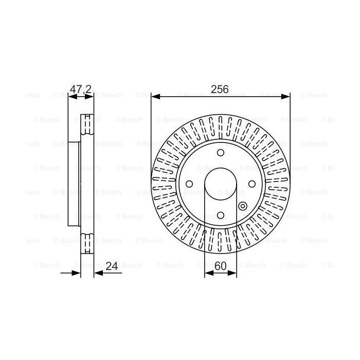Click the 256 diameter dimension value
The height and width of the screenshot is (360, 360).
220,89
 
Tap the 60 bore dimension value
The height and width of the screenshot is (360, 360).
221,266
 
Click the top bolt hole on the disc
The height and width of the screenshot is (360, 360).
221,153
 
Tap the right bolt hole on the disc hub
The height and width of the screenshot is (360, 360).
252,184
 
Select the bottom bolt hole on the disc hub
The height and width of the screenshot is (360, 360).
221,215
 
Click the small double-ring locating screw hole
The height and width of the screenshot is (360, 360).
243,207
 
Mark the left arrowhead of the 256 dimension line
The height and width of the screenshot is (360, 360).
154,96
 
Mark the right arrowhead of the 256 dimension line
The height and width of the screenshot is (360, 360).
287,96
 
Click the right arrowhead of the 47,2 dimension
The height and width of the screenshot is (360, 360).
91,96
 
